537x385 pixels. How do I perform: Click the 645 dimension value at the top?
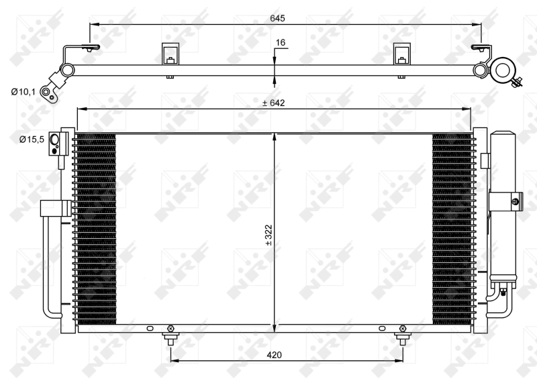[277, 17]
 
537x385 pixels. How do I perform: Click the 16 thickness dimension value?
[281, 43]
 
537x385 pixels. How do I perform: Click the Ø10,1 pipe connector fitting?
[48, 92]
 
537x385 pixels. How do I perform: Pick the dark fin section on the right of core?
[451, 228]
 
